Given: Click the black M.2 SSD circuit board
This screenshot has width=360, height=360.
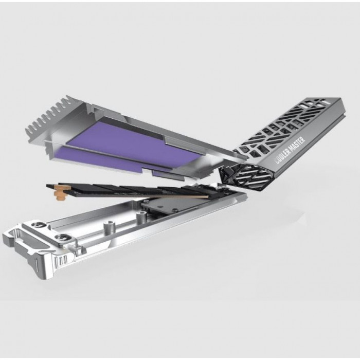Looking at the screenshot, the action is [135, 190].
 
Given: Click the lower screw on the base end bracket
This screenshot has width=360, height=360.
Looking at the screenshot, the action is [60, 238].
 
